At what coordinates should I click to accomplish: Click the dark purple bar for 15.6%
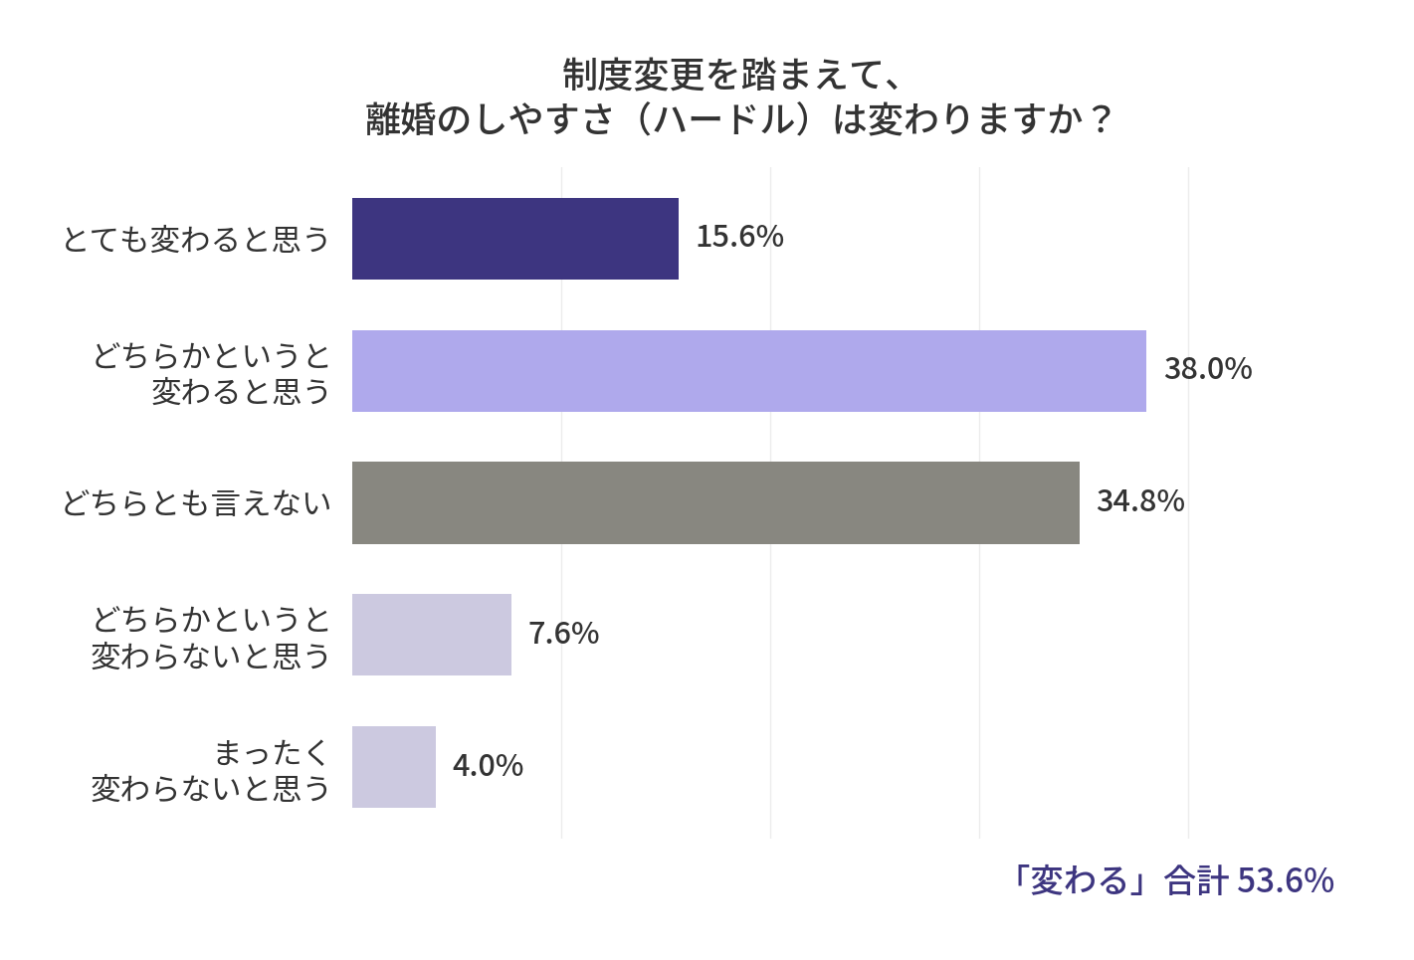514,239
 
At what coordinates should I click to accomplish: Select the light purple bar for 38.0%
748,371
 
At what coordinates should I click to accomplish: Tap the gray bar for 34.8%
715,502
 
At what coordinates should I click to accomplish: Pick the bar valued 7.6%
431,635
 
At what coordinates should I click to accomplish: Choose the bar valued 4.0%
393,767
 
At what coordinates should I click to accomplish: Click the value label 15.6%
739,237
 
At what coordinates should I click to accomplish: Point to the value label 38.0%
1207,369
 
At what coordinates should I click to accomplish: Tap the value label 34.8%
1139,501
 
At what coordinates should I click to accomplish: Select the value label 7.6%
563,634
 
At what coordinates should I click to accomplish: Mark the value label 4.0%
488,766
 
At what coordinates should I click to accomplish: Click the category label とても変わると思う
195,240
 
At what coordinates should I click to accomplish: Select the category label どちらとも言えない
195,503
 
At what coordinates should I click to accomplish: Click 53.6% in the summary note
1286,880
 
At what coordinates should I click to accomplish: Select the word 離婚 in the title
401,120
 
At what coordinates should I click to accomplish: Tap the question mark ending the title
1101,120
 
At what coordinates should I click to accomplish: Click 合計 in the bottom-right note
1196,880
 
